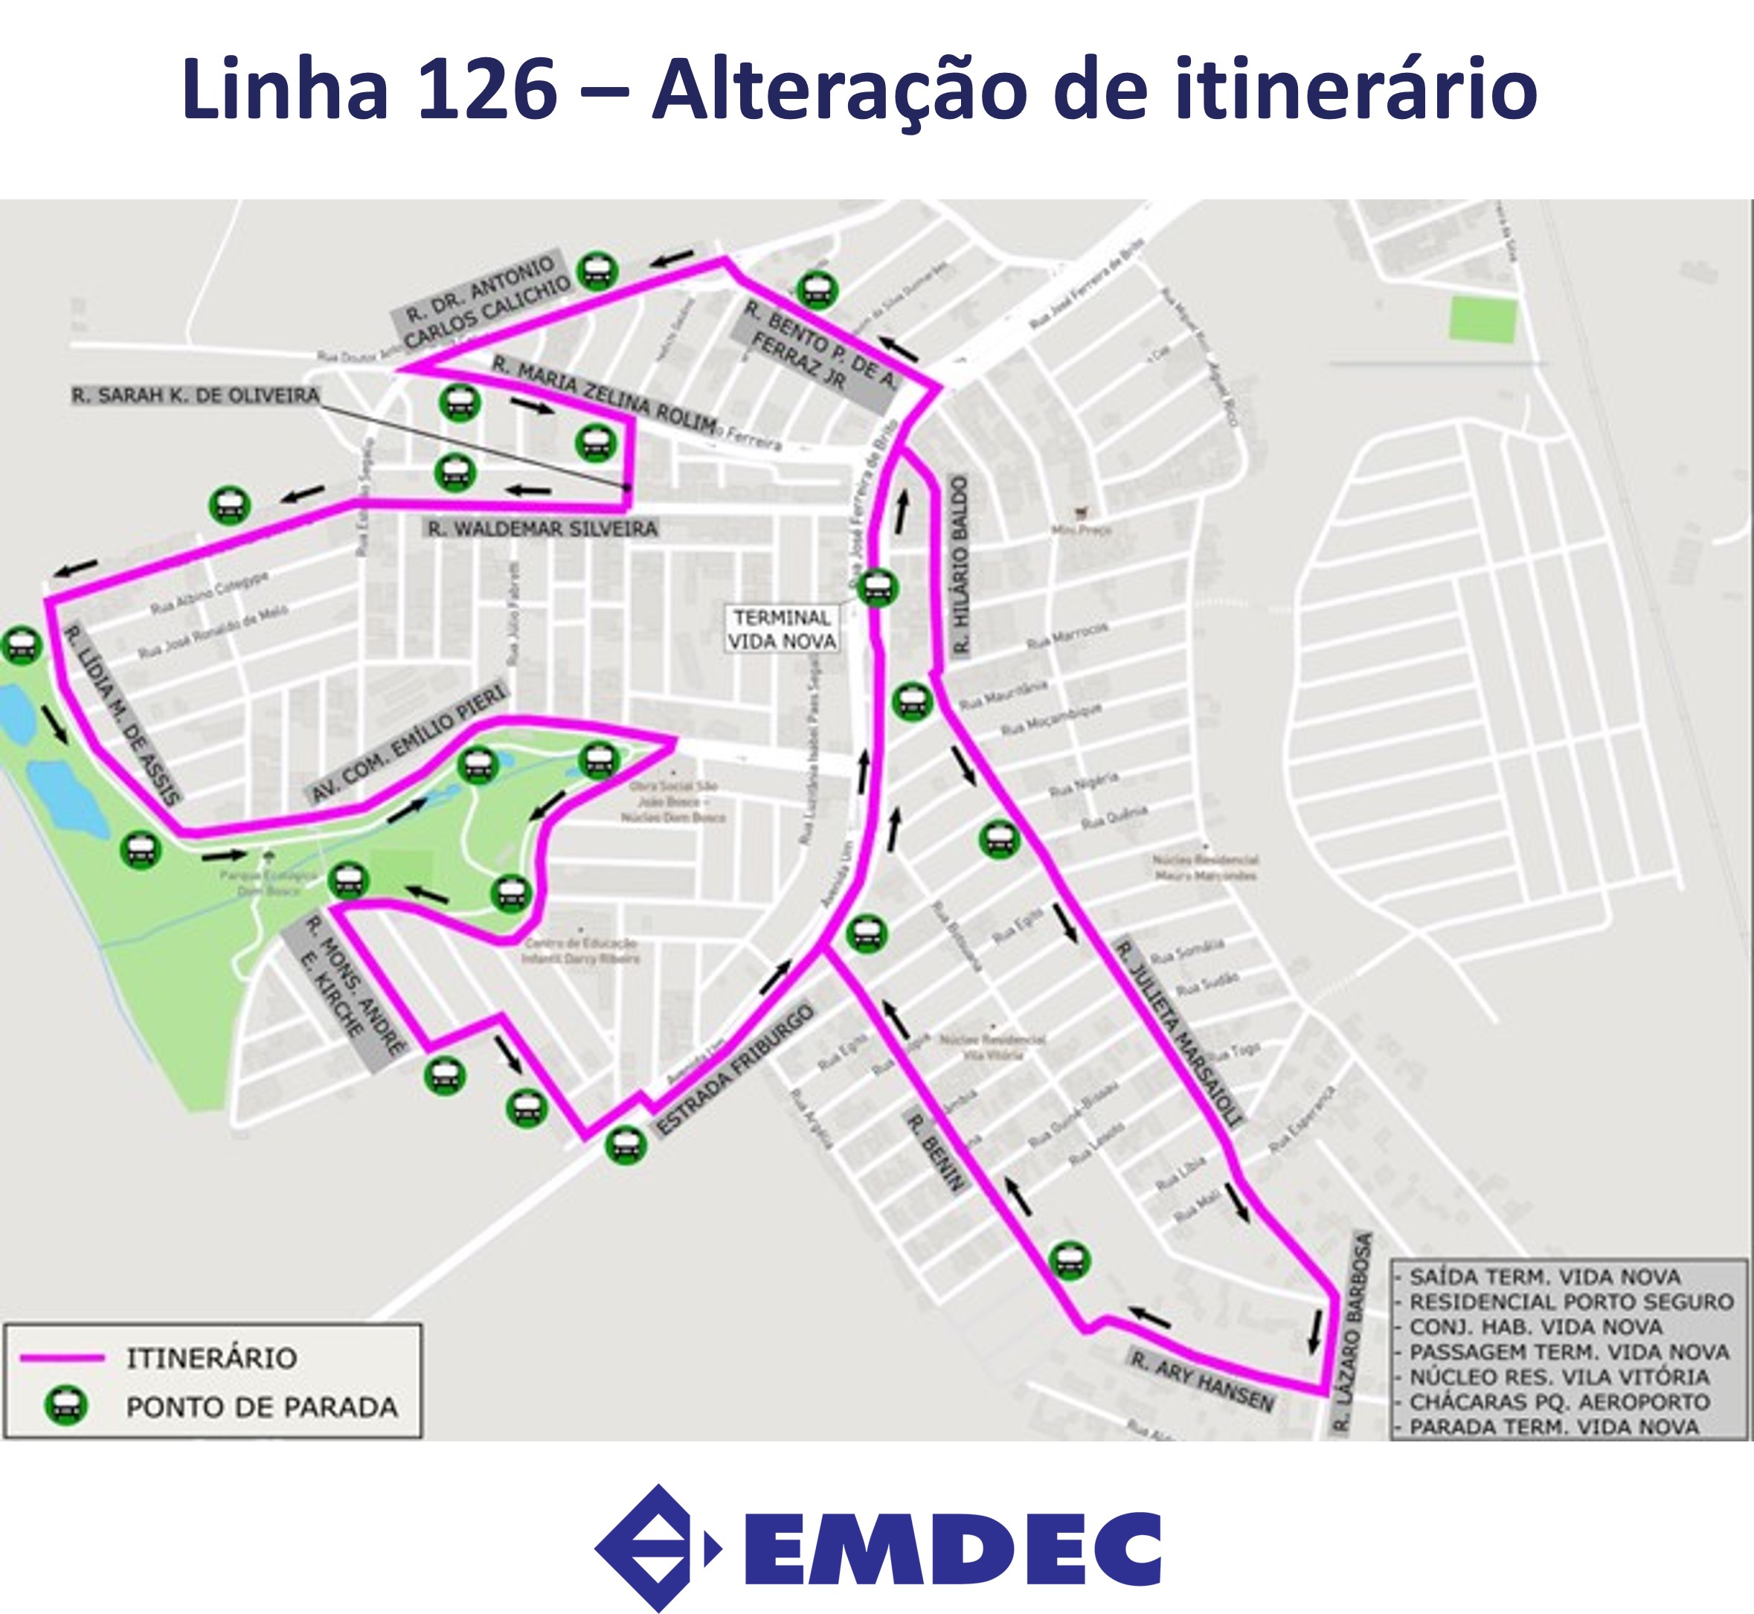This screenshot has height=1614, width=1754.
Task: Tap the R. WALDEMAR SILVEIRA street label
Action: click(542, 528)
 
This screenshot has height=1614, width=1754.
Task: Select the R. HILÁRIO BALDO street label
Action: click(961, 565)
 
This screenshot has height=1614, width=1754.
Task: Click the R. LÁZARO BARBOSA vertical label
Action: click(1352, 1333)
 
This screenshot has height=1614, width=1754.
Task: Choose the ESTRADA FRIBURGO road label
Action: click(736, 1071)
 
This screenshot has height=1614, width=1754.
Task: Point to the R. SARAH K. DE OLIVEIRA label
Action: click(196, 396)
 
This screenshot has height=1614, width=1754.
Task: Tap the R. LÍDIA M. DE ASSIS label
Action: click(122, 715)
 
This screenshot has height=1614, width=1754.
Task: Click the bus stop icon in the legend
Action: click(66, 1406)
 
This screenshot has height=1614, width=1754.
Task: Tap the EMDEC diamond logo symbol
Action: click(651, 1548)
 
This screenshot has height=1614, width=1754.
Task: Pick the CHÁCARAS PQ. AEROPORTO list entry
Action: click(1559, 1402)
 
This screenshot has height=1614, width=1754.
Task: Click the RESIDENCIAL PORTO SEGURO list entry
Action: click(1570, 1302)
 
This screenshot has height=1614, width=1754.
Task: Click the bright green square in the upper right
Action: click(1482, 319)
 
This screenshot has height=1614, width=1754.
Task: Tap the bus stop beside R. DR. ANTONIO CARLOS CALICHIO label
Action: click(598, 271)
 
